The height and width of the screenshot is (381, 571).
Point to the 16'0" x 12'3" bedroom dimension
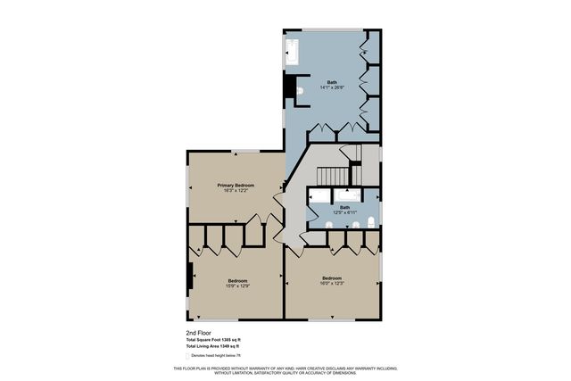[332, 283]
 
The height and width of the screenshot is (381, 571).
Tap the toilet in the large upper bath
[301, 90]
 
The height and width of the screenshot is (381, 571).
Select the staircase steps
[333, 175]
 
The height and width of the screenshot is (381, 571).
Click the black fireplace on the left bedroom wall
[188, 279]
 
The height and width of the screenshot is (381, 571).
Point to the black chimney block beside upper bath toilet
[289, 87]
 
